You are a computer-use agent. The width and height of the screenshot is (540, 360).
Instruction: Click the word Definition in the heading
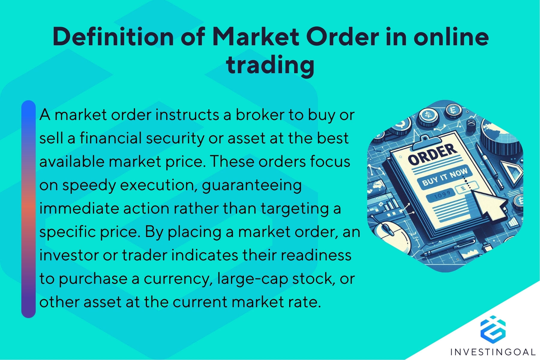pyautogui.click(x=113, y=37)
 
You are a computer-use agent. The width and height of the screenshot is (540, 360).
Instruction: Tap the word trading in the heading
pyautogui.click(x=270, y=65)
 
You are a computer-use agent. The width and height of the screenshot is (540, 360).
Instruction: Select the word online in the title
pyautogui.click(x=451, y=37)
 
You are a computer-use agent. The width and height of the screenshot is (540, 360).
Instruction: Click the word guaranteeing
pyautogui.click(x=252, y=185)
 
